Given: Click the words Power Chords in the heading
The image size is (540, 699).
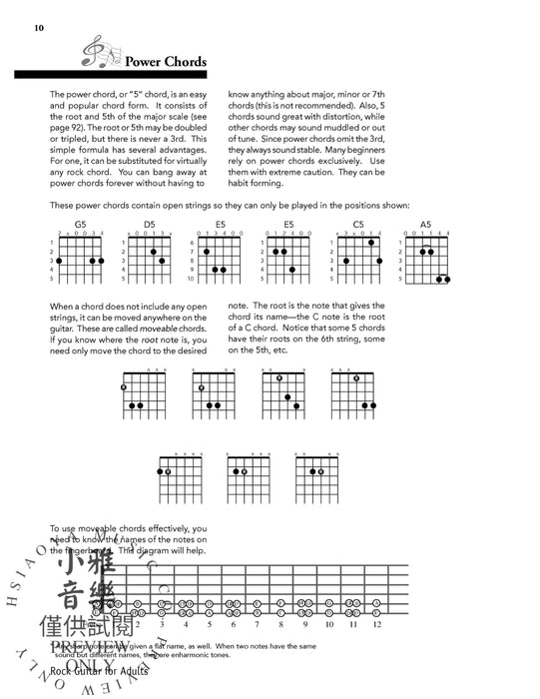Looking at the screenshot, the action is [165, 62].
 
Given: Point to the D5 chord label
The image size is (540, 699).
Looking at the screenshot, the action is [150, 225].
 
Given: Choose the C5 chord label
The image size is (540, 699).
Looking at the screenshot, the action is [358, 225].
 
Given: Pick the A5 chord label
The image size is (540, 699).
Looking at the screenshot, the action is [426, 225].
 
